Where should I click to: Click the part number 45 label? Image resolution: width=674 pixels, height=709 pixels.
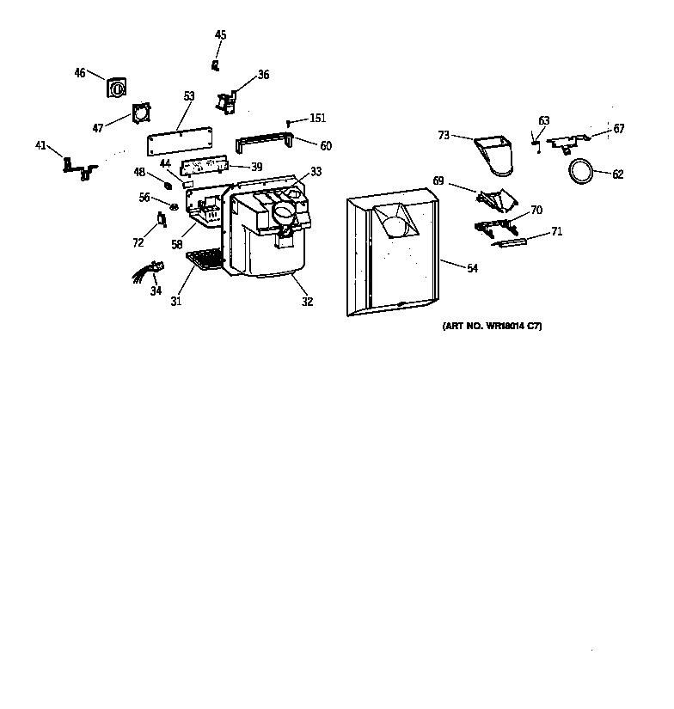[x=221, y=35]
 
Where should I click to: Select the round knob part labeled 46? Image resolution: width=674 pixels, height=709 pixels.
[x=115, y=87]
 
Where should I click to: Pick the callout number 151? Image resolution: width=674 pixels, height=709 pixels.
[x=318, y=119]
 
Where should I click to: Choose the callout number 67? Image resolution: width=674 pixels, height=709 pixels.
[x=619, y=129]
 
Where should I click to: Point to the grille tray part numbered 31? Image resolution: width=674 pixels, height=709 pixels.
[x=205, y=257]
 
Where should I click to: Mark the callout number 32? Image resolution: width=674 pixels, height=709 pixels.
[x=307, y=302]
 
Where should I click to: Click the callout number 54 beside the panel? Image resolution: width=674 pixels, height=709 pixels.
[x=472, y=269]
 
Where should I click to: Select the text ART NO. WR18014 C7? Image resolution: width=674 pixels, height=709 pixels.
[x=492, y=327]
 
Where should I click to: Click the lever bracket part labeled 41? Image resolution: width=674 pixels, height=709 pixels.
[x=77, y=166]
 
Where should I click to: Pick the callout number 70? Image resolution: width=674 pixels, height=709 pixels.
[x=536, y=210]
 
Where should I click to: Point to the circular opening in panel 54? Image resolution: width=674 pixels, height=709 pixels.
[x=395, y=226]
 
